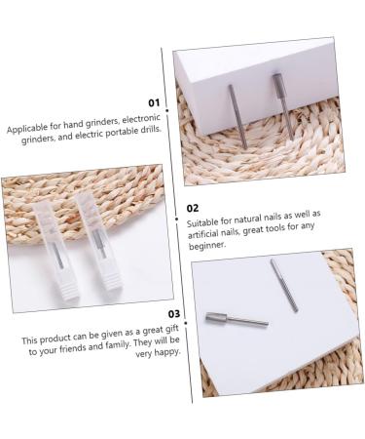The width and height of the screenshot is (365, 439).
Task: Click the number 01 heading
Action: (x=154, y=101)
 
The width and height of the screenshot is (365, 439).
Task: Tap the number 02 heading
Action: (x=193, y=208)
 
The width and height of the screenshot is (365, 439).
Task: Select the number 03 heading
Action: (x=175, y=314)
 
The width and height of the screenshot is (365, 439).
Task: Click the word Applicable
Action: (x=28, y=128)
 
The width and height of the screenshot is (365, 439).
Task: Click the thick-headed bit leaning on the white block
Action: (x=282, y=103)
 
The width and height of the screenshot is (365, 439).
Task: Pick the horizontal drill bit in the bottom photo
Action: (x=234, y=318)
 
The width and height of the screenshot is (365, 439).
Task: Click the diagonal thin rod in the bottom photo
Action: (x=283, y=285)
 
